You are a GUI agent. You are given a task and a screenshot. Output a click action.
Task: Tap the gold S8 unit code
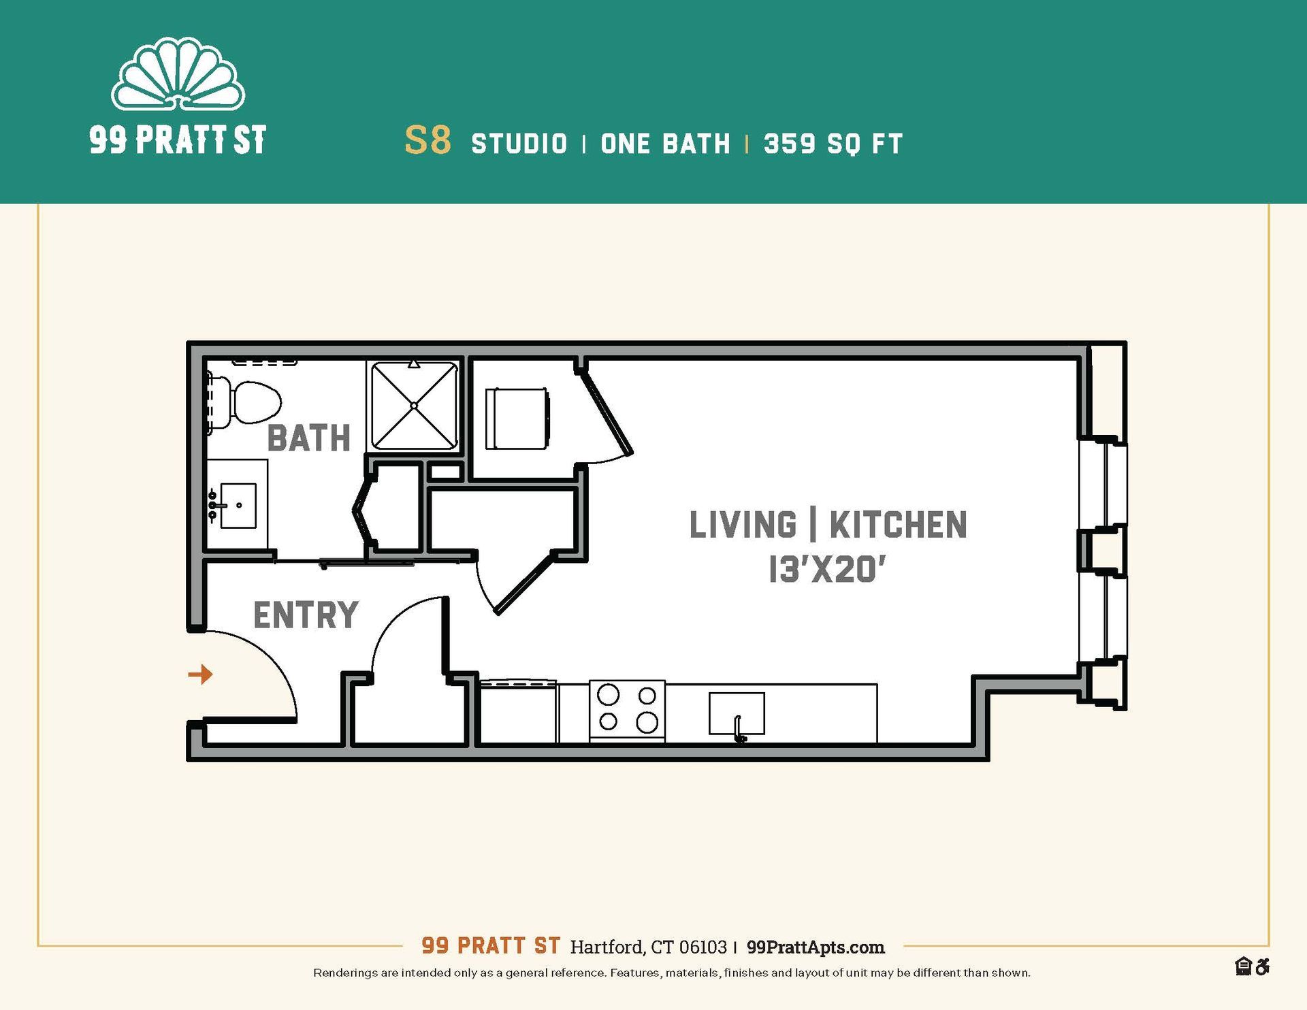pyautogui.click(x=427, y=141)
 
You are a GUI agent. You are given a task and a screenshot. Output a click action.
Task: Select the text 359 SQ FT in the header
pyautogui.click(x=833, y=144)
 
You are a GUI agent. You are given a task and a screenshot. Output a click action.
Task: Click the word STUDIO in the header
pyautogui.click(x=519, y=144)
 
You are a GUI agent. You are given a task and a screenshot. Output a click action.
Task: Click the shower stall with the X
pyautogui.click(x=414, y=406)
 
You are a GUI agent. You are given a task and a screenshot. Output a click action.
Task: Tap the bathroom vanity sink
pyautogui.click(x=238, y=505)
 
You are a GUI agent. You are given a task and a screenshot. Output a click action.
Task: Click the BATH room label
pyautogui.click(x=308, y=438)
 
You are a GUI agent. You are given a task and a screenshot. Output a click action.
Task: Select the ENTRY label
pyautogui.click(x=306, y=615)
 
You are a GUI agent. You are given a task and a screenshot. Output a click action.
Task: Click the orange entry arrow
pyautogui.click(x=200, y=674)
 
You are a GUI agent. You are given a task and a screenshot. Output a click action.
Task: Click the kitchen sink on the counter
pyautogui.click(x=737, y=714)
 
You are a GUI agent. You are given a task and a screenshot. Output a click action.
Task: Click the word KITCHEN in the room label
pyautogui.click(x=898, y=525)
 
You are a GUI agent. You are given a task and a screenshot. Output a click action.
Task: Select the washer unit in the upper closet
pyautogui.click(x=517, y=419)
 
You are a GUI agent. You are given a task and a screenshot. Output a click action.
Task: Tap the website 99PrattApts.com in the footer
pyautogui.click(x=816, y=947)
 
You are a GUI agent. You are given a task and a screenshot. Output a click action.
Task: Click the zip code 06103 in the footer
pyautogui.click(x=703, y=947)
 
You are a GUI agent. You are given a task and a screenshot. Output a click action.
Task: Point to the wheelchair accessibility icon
pyautogui.click(x=1262, y=966)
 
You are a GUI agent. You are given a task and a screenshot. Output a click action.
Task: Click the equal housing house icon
pyautogui.click(x=1243, y=966)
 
